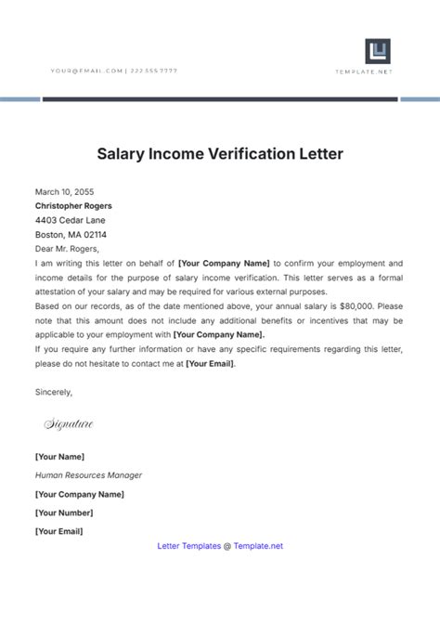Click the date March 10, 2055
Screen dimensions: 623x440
click(64, 192)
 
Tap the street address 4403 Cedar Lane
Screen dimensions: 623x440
click(71, 220)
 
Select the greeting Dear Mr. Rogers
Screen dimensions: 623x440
click(66, 249)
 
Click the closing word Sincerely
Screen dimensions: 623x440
click(54, 392)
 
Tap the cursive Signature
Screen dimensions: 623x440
click(69, 424)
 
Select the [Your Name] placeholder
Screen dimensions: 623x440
click(59, 457)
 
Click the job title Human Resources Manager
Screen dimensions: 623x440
click(88, 475)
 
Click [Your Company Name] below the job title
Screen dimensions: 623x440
click(80, 494)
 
